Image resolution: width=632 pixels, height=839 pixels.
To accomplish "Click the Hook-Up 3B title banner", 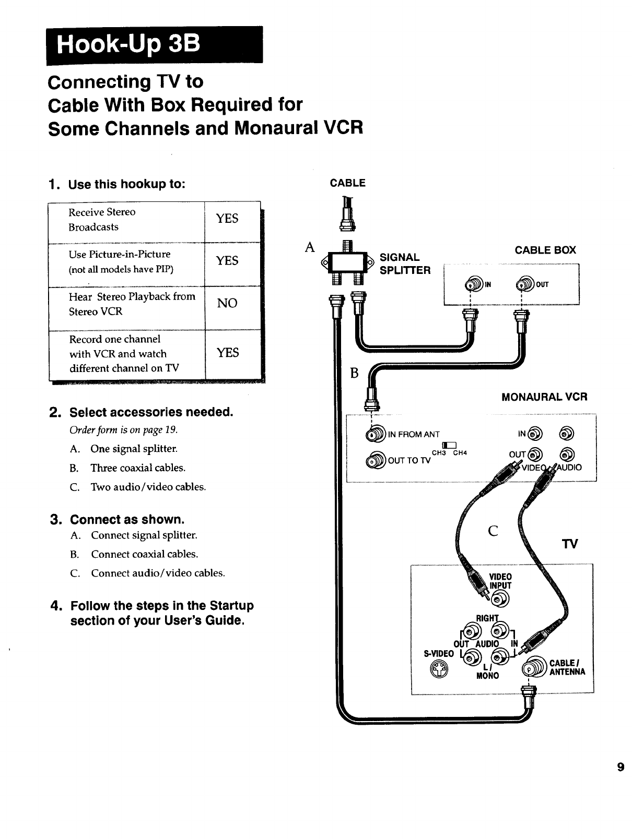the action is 155,45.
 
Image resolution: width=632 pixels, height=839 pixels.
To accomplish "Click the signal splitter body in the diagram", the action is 347,262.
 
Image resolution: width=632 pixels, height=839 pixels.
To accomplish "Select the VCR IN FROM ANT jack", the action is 376,434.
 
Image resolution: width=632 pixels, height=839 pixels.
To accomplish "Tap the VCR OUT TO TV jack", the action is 376,460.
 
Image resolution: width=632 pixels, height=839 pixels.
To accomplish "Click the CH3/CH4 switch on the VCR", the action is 449,445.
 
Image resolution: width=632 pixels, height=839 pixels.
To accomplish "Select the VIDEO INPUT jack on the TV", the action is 500,599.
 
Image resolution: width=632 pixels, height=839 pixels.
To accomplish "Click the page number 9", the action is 621,767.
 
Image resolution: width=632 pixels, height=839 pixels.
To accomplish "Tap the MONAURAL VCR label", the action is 544,397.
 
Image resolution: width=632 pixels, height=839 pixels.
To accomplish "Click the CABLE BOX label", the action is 545,250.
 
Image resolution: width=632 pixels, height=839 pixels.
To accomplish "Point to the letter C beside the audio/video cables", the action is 493,531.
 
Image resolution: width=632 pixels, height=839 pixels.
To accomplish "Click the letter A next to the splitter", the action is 310,247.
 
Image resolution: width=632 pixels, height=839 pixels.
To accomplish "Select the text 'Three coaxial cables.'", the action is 138,468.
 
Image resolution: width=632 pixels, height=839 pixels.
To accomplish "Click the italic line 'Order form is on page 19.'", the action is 124,430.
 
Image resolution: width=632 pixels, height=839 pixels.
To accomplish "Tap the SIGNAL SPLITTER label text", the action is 405,263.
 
